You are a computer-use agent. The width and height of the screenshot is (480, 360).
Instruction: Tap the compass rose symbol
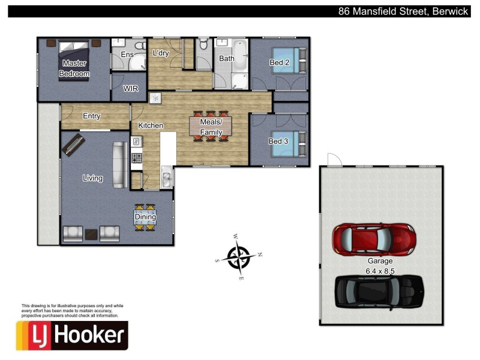[239, 258]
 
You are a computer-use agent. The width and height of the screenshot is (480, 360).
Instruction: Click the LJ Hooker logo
[72, 335]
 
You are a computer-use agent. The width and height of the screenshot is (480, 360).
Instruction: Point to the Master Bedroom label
[74, 68]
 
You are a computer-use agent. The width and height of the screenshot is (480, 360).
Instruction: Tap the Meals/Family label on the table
[211, 127]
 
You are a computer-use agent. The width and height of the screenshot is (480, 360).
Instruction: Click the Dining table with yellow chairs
[146, 218]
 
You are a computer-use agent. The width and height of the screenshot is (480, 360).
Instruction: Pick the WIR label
[131, 88]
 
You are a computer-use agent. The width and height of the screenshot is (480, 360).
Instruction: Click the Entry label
[91, 116]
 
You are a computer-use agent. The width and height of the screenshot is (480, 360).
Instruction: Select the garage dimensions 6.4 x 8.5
[380, 271]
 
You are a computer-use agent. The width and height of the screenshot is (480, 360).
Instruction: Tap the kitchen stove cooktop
[136, 158]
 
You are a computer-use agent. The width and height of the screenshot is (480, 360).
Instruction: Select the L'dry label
[161, 53]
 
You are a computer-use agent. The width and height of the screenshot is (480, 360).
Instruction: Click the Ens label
[127, 55]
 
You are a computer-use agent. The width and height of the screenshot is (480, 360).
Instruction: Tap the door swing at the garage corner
[334, 159]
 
